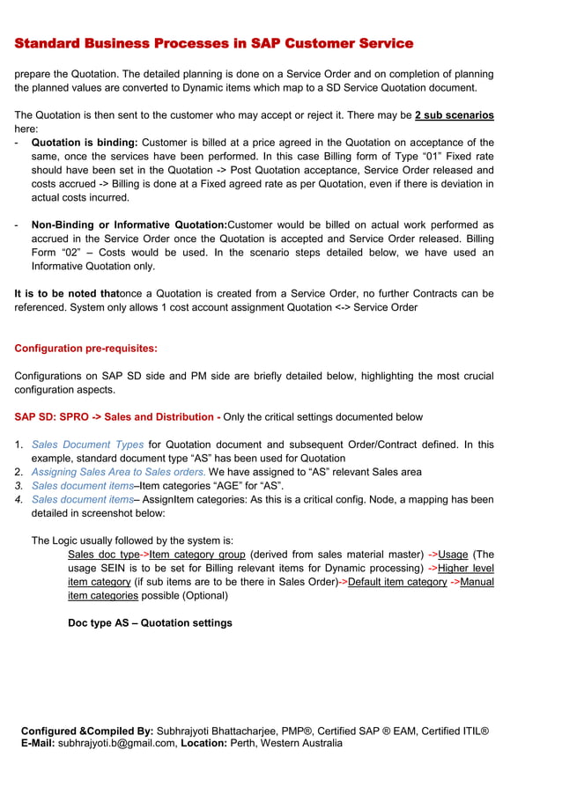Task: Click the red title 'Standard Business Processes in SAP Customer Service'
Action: [x=214, y=43]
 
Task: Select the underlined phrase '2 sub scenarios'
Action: [x=454, y=115]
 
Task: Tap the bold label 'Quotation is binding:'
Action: [x=85, y=143]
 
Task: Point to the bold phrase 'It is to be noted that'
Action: [x=66, y=294]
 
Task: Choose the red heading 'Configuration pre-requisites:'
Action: [x=85, y=349]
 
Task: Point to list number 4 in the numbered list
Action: [x=18, y=500]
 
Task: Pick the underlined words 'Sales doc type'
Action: [x=104, y=555]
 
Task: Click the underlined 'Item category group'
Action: [x=197, y=555]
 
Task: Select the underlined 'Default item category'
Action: [x=397, y=582]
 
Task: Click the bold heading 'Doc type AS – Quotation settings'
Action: [x=150, y=623]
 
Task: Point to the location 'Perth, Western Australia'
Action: [x=286, y=744]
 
